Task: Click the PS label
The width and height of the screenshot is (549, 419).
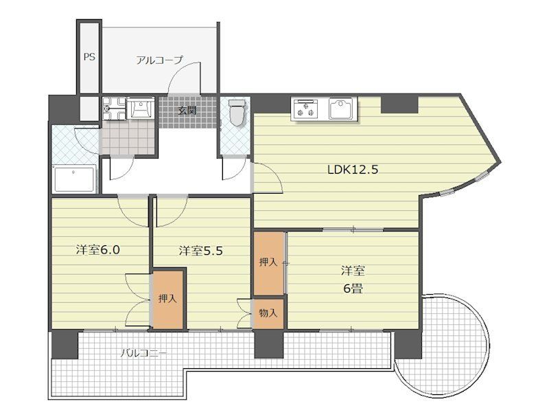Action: [x=89, y=57]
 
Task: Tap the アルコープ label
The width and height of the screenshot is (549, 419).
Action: [x=159, y=60]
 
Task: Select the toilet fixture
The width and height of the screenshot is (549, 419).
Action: [x=237, y=112]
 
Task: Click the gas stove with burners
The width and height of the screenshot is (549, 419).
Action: [x=306, y=109]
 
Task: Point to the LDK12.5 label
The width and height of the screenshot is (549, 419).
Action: [x=353, y=170]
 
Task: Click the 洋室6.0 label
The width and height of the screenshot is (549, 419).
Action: [x=98, y=250]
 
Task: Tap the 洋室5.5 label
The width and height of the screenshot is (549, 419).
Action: [x=201, y=251]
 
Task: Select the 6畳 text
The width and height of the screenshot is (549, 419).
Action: [x=353, y=288]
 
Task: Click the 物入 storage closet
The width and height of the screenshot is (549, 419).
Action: [x=268, y=313]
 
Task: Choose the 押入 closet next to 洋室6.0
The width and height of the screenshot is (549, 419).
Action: [x=167, y=299]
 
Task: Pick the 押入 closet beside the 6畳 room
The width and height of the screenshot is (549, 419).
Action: [x=268, y=263]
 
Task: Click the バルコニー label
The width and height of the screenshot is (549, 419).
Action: [x=144, y=353]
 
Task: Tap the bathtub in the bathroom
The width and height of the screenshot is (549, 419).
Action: [x=74, y=179]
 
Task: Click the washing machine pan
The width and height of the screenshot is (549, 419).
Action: [x=113, y=109]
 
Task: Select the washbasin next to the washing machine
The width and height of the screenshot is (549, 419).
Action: [x=140, y=108]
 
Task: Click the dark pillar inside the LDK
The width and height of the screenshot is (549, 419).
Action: [x=399, y=104]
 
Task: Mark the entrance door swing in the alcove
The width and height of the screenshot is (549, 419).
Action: [x=184, y=78]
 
